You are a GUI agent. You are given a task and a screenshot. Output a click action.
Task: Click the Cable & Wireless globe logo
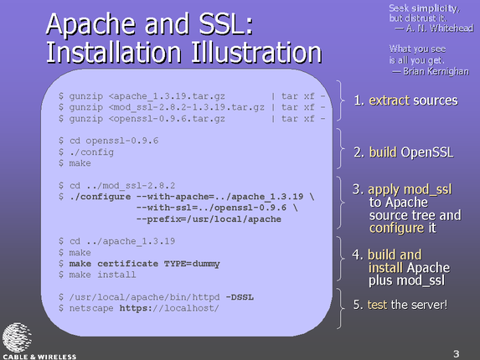17,337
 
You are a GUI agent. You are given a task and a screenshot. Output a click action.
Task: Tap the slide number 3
456,354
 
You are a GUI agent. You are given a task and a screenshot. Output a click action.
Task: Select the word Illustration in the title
256,53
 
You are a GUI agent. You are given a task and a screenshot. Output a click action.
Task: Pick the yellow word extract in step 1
389,100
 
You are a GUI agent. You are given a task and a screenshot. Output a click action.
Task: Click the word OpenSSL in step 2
427,152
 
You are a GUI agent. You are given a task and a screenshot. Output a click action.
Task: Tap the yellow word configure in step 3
396,229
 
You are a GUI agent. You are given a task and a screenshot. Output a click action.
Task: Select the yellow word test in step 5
377,305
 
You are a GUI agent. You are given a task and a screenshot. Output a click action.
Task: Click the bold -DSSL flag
240,297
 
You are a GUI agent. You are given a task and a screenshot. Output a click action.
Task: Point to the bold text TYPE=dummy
192,264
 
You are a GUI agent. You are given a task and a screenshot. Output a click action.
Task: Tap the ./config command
91,152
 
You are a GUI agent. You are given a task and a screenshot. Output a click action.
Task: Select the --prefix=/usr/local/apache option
209,219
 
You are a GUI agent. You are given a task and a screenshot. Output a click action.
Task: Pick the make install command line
97,275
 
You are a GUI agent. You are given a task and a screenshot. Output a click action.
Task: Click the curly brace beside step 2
340,149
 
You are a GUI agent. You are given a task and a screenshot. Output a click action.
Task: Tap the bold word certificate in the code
127,264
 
